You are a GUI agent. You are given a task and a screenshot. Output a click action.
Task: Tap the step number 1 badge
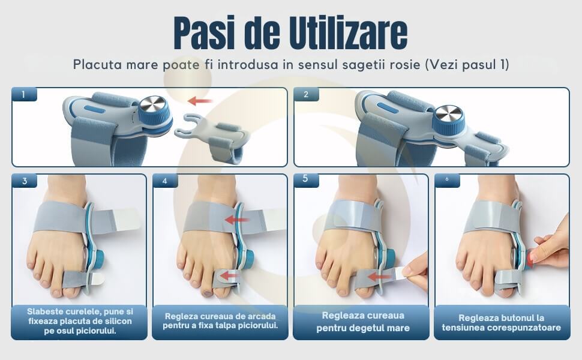(25, 95)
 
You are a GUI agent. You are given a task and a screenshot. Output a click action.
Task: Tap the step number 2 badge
(306, 95)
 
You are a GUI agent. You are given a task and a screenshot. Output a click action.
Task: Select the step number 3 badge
(25, 181)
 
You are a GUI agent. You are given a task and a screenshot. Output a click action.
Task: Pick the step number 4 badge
(165, 181)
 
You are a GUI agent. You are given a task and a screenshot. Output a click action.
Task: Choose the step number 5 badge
(306, 179)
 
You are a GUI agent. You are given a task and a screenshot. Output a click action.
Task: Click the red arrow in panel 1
(200, 101)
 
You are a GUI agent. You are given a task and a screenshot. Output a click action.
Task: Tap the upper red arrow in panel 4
(237, 220)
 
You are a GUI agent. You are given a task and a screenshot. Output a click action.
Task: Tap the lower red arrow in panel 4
(229, 276)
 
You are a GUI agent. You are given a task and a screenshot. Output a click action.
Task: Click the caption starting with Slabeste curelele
(79, 321)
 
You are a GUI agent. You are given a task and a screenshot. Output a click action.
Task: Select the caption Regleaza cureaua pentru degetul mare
(363, 322)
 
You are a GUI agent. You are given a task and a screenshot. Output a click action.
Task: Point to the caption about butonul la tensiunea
(502, 323)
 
